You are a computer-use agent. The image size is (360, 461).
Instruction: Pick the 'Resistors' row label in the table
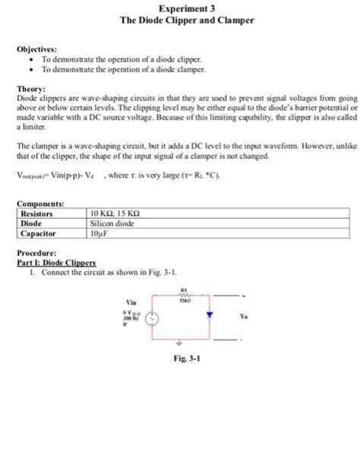[x=39, y=213]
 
